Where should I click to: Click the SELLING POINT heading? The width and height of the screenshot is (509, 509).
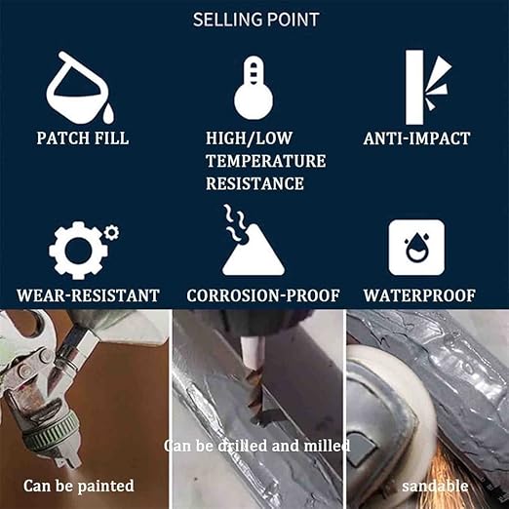pos(255,20)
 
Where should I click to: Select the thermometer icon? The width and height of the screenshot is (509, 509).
pos(254,88)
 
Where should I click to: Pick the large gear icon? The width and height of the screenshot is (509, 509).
pos(78,251)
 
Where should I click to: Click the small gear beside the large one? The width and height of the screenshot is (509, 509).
pos(112,232)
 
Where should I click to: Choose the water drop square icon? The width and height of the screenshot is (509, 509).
pos(416,248)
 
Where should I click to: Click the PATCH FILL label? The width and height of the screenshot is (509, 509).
pos(83,138)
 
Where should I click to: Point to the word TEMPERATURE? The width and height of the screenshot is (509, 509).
pos(265,161)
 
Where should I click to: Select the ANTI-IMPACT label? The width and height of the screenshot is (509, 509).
pos(416,138)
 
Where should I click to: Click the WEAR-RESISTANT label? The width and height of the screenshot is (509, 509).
pos(88,295)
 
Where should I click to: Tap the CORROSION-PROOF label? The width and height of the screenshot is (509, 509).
pos(263,295)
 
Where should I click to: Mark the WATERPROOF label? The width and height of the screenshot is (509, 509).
pos(419,295)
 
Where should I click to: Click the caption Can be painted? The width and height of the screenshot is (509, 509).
pos(79,486)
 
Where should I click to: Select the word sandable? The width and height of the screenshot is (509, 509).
pos(435,487)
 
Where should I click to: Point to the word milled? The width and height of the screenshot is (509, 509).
pos(327,446)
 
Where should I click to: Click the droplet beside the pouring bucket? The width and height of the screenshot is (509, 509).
pos(109,113)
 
